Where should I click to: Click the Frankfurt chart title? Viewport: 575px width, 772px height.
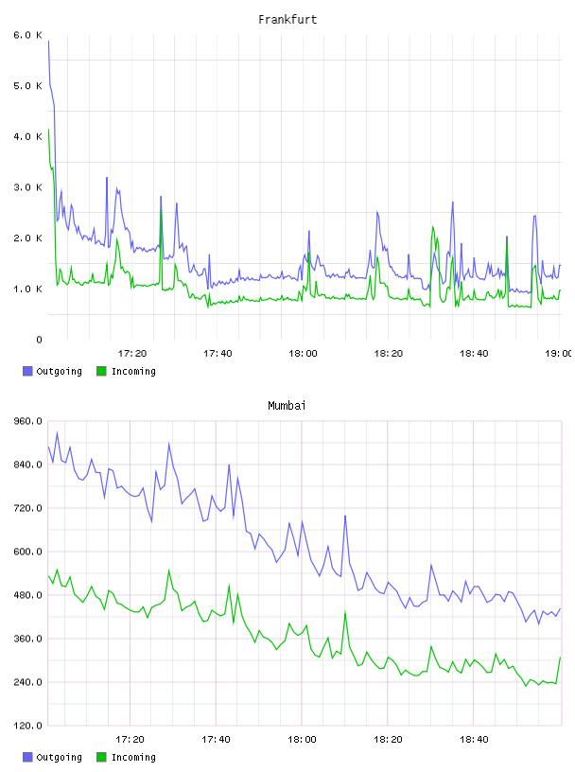[x=287, y=20]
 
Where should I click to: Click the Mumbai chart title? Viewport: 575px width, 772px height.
[x=287, y=406]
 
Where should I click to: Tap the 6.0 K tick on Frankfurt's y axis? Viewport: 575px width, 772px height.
[x=27, y=35]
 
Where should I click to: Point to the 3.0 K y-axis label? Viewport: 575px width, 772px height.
[x=27, y=187]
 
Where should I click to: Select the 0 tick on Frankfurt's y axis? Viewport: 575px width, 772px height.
[x=39, y=340]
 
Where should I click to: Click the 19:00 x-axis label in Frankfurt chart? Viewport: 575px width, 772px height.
[x=558, y=353]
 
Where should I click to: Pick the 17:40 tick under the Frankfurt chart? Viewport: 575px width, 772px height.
[x=218, y=353]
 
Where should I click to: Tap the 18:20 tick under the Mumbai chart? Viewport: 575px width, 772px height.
[x=388, y=739]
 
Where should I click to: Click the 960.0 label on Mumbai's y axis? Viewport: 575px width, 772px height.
[x=27, y=421]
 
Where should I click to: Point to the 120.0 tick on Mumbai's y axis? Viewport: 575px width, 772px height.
[x=27, y=726]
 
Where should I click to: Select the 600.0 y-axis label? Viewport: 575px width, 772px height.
[x=27, y=552]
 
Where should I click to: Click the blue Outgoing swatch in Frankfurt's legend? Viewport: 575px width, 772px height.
[x=27, y=371]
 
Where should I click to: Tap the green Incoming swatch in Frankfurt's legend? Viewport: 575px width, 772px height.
[x=101, y=371]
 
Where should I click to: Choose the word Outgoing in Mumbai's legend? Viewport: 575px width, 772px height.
[x=59, y=757]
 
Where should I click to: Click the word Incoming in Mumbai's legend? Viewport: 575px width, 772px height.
[x=133, y=757]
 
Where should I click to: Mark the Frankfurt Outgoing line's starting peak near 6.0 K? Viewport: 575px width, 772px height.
[x=48, y=41]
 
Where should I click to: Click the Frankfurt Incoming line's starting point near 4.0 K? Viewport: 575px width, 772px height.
[x=48, y=129]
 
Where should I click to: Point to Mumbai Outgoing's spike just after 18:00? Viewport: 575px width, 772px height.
[x=345, y=516]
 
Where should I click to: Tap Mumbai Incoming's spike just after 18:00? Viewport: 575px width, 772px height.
[x=345, y=612]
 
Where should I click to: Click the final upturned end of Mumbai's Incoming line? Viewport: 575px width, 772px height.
[x=560, y=658]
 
